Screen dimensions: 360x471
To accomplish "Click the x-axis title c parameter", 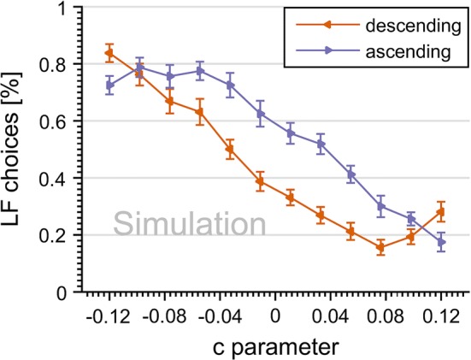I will tap(275, 346).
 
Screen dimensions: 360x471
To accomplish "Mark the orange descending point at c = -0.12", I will tap(109, 53).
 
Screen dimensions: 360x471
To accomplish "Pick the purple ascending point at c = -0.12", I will tap(109, 85).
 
